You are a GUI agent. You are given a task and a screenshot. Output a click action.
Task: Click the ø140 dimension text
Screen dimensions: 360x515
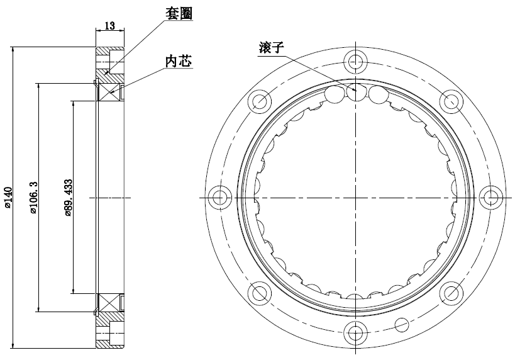[x=8, y=197]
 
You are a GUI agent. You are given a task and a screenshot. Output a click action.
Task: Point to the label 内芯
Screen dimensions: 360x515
[x=177, y=61]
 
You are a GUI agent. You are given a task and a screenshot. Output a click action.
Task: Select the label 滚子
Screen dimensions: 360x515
[x=272, y=48]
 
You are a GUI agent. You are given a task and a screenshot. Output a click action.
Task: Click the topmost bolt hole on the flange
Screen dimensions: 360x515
[x=355, y=61]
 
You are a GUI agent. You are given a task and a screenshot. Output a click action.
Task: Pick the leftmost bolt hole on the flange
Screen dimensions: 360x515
[x=220, y=197]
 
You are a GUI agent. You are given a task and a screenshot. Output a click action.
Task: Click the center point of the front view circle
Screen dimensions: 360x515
[x=355, y=197]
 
